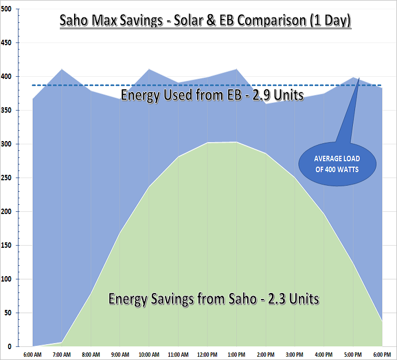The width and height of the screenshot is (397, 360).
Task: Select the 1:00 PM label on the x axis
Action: click(x=236, y=354)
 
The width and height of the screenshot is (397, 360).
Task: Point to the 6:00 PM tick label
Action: click(x=382, y=354)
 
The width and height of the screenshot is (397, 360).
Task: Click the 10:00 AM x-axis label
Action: click(x=149, y=354)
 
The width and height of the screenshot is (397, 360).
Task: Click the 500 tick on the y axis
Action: click(x=7, y=9)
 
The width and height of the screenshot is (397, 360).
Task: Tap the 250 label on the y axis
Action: click(x=7, y=178)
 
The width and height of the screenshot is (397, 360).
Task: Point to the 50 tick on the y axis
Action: click(x=9, y=313)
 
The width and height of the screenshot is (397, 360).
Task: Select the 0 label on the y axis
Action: click(x=10, y=347)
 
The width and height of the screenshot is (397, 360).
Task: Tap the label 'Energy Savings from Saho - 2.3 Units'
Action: click(x=214, y=299)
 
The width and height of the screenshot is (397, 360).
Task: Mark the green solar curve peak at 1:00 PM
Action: click(x=236, y=142)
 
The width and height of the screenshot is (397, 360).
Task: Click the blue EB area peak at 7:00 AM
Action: click(x=62, y=69)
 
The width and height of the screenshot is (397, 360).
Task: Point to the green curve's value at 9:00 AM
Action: click(x=120, y=233)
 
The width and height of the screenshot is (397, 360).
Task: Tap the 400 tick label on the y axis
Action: click(x=7, y=77)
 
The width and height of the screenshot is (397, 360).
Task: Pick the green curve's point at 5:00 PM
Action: click(x=353, y=264)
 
